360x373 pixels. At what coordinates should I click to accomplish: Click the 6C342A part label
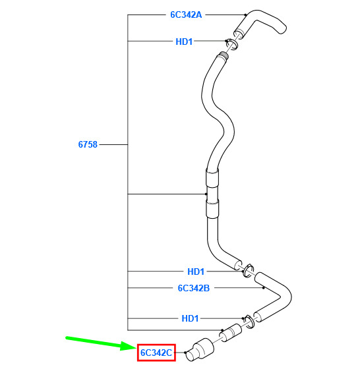[186, 14]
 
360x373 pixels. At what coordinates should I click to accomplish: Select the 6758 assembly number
[88, 144]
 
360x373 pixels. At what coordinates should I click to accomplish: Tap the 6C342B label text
[194, 288]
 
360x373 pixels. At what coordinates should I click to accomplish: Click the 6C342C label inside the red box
[156, 353]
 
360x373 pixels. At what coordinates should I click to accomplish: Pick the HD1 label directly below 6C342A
[184, 42]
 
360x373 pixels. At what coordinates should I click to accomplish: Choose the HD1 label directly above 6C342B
[196, 272]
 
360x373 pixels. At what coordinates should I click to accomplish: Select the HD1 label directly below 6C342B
[190, 318]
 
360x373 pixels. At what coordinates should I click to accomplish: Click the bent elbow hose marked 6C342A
[258, 24]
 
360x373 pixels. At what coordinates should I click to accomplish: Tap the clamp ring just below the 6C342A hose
[232, 44]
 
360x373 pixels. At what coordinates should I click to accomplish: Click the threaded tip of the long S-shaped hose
[223, 57]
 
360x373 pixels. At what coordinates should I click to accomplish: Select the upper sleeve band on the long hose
[212, 177]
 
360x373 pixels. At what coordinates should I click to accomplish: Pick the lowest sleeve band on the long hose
[212, 209]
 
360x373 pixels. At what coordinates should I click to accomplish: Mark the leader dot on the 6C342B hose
[263, 288]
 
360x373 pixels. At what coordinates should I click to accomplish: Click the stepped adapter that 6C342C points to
[199, 350]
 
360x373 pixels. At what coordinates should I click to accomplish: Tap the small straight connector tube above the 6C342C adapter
[230, 333]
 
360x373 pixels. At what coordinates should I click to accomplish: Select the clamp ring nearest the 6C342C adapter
[249, 322]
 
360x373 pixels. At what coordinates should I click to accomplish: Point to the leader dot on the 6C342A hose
[245, 14]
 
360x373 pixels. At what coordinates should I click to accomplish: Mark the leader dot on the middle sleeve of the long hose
[206, 194]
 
